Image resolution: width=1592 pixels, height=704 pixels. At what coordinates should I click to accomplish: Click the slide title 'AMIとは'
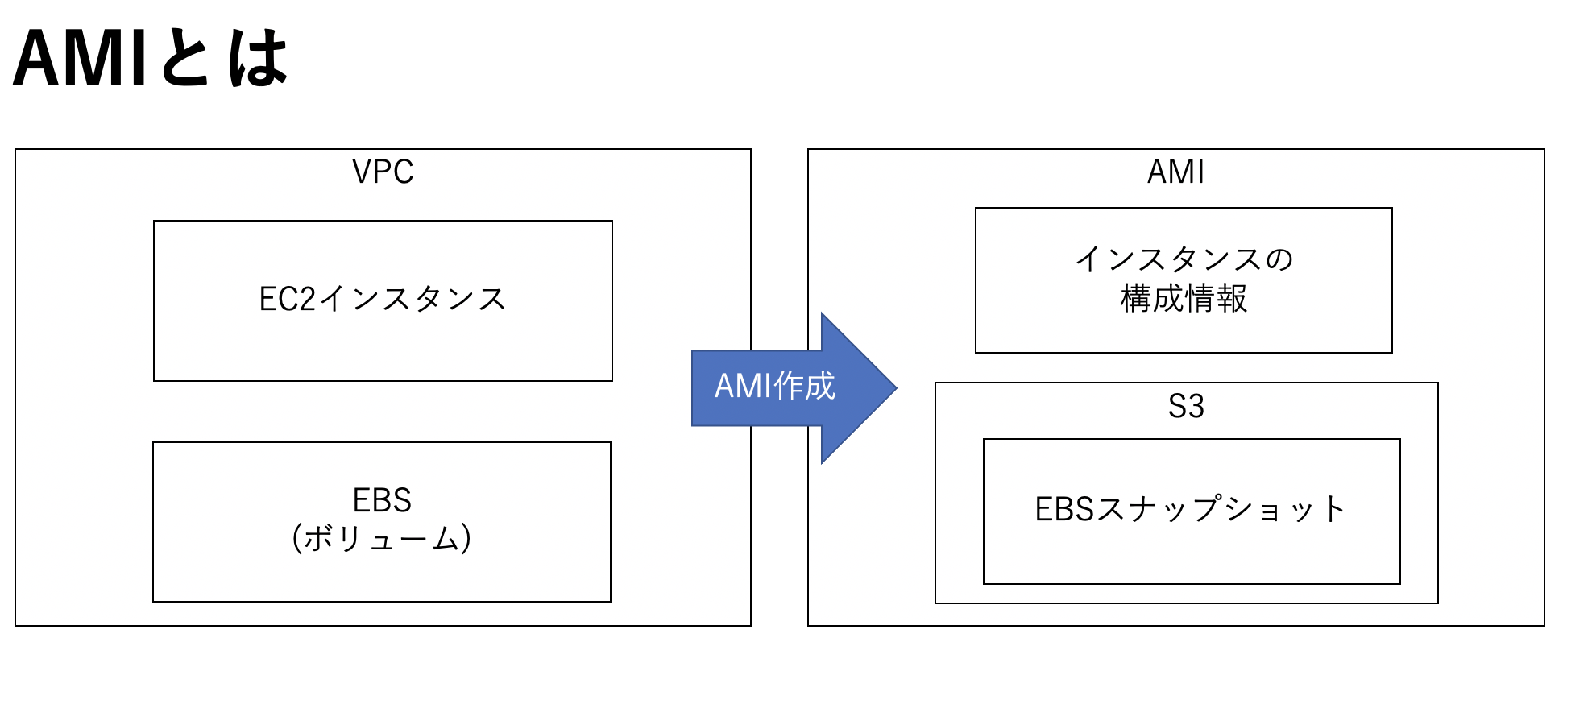pyautogui.click(x=151, y=58)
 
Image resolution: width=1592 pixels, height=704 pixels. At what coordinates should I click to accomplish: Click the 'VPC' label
pyautogui.click(x=383, y=172)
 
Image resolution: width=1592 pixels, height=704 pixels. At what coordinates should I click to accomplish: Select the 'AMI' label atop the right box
pyautogui.click(x=1175, y=172)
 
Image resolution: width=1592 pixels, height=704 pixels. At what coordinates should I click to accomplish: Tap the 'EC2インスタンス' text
pyautogui.click(x=383, y=299)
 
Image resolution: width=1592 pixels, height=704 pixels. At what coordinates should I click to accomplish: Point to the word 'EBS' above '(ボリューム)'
pyautogui.click(x=382, y=500)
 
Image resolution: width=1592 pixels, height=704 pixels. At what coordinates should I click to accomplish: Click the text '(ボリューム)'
pyautogui.click(x=382, y=538)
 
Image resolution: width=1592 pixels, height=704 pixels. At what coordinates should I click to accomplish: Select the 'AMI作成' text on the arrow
pyautogui.click(x=775, y=387)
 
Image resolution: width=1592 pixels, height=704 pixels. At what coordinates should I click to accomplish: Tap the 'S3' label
pyautogui.click(x=1186, y=406)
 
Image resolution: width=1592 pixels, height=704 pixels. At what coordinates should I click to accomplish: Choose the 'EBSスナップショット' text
pyautogui.click(x=1191, y=509)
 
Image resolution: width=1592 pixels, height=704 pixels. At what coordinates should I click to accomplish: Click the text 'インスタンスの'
pyautogui.click(x=1184, y=259)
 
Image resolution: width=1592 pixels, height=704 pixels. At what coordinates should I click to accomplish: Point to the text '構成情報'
pyautogui.click(x=1184, y=299)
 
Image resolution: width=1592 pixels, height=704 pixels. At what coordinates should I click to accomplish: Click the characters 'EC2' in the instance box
pyautogui.click(x=288, y=299)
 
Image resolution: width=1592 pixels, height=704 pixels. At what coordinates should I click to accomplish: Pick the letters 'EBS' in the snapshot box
pyautogui.click(x=1064, y=509)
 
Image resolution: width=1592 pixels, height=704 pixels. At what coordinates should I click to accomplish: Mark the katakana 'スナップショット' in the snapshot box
pyautogui.click(x=1221, y=509)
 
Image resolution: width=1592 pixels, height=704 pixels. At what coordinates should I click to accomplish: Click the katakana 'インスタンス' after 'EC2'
pyautogui.click(x=413, y=299)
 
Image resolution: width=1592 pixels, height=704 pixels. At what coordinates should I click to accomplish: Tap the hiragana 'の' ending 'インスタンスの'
pyautogui.click(x=1279, y=259)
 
